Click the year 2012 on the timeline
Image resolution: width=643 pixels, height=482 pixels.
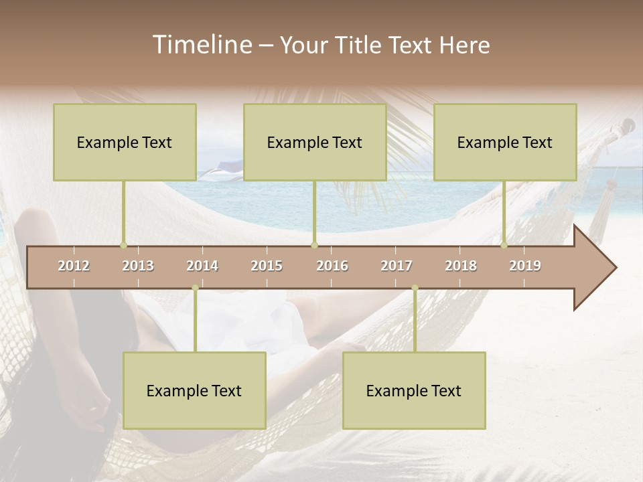pos(74,266)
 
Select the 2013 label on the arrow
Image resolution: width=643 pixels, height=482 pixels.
pos(138,266)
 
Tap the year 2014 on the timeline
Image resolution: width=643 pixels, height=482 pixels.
pos(202,266)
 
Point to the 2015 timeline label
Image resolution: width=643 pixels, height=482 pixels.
pos(267,266)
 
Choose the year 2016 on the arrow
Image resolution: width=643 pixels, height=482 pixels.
pos(332,266)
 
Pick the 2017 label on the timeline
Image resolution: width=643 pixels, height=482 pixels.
pos(397,266)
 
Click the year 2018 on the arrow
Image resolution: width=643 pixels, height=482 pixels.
pos(461,266)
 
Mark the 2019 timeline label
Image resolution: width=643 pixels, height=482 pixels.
pos(525,266)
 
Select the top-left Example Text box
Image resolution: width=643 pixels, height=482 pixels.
pos(125,142)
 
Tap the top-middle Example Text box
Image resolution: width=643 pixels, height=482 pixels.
pos(315,142)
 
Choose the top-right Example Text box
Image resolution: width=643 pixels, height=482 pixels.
pos(505,142)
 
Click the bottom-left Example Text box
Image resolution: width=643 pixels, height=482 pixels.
pos(194,390)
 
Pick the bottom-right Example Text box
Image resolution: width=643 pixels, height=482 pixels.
pos(414,390)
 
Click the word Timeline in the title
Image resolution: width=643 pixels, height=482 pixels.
pos(202,45)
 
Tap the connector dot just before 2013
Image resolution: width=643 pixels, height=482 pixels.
pos(123,245)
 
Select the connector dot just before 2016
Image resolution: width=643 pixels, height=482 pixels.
pos(314,245)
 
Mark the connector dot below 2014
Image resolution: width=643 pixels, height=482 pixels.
pos(195,288)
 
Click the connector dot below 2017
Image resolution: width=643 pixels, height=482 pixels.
pos(415,288)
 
